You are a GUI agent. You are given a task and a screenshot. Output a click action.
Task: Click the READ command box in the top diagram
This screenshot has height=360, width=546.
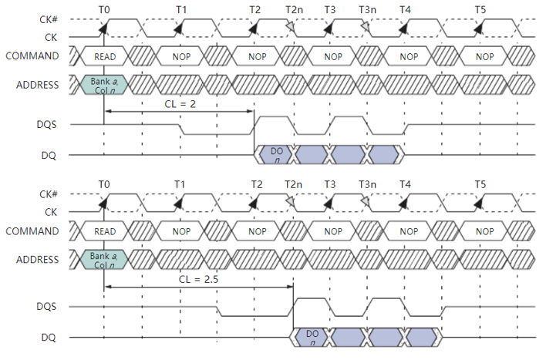click(x=105, y=57)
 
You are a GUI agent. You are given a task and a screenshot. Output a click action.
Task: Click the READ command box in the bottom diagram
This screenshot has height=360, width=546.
click(x=105, y=232)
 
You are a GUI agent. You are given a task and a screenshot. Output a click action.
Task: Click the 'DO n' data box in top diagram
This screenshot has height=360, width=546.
click(x=276, y=154)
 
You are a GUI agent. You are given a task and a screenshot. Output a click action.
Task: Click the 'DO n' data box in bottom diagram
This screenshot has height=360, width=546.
click(x=312, y=337)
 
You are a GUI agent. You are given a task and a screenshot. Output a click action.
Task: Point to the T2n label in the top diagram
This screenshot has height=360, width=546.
click(x=293, y=9)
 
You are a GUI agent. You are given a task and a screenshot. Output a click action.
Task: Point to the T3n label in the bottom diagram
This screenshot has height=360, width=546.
click(x=368, y=185)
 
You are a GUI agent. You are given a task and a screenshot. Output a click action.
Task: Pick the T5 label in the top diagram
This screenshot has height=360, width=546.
click(x=480, y=9)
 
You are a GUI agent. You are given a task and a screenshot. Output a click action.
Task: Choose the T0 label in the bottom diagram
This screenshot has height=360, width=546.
click(x=105, y=185)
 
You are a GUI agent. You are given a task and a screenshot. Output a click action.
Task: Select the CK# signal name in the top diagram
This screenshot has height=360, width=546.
click(x=47, y=21)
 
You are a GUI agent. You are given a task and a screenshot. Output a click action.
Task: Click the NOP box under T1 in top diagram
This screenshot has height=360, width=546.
click(x=181, y=57)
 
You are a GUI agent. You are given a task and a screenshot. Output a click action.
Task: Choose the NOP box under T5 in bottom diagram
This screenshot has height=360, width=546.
click(x=484, y=232)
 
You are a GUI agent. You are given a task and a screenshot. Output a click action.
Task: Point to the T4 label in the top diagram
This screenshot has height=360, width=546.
click(x=405, y=9)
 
